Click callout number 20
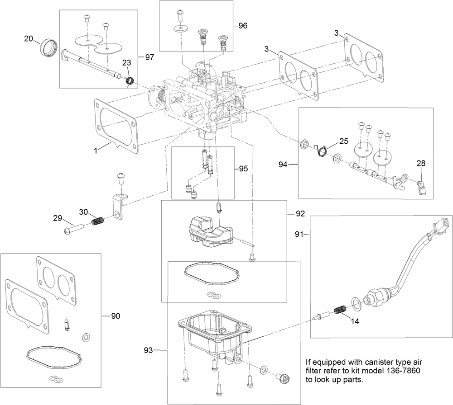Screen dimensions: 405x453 (29, 38)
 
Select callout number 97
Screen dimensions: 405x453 (149, 57)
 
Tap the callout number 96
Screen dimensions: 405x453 (243, 26)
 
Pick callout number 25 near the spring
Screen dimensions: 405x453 (343, 141)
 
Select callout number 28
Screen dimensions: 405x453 (421, 163)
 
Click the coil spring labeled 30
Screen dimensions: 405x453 (98, 222)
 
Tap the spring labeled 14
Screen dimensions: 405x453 (340, 311)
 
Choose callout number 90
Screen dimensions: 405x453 (116, 316)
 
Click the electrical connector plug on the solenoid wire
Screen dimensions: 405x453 (443, 222)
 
